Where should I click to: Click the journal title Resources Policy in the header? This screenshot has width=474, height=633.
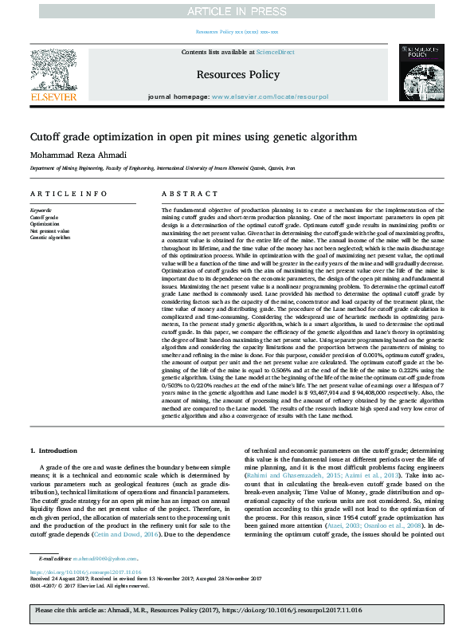[237, 73]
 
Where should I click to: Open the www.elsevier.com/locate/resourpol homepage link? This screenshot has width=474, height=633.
[270, 96]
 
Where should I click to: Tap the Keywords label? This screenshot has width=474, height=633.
[41, 210]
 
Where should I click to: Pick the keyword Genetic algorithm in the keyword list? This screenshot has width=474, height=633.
[49, 238]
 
